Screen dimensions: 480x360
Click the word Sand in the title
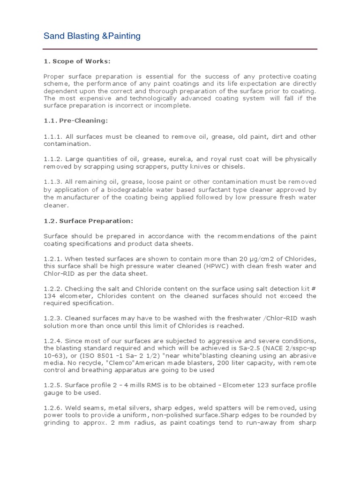tap(53, 36)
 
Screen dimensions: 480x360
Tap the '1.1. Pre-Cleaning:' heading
tap(75, 120)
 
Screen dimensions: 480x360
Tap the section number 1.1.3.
tap(52, 182)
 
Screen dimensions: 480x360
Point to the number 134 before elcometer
tap(49, 296)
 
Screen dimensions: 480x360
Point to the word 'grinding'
tap(57, 423)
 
